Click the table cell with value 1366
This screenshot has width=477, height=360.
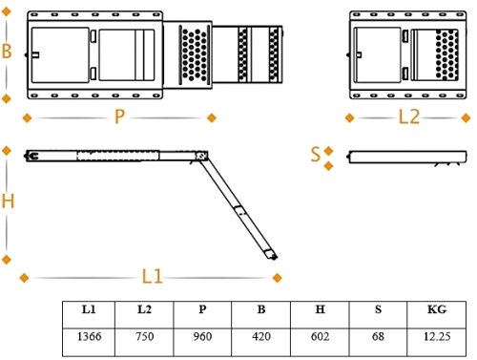coord(90,336)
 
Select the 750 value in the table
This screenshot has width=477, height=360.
coord(145,336)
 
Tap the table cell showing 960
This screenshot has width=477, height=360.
coord(202,336)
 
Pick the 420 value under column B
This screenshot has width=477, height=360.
coord(261,336)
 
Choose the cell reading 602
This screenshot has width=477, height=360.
coord(321,336)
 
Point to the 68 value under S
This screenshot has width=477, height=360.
coord(378,336)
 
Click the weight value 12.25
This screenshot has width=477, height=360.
coord(437,336)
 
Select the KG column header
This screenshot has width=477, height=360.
coord(437,309)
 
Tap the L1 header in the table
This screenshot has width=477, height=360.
coord(89,309)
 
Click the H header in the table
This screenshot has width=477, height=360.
coord(321,309)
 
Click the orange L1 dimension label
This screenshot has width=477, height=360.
coord(152,276)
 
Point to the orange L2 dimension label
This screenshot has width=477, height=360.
coord(409,116)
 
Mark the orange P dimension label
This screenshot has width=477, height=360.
coord(119,116)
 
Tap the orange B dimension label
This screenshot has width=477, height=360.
coord(7,51)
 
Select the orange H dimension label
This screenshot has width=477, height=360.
coord(8,201)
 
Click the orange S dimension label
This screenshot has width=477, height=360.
coord(316,155)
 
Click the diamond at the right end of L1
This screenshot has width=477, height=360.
coord(278,278)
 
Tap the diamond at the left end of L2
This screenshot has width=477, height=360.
coord(349,118)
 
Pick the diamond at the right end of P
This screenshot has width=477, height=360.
coord(212,118)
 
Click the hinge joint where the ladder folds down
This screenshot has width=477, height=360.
coord(201,156)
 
